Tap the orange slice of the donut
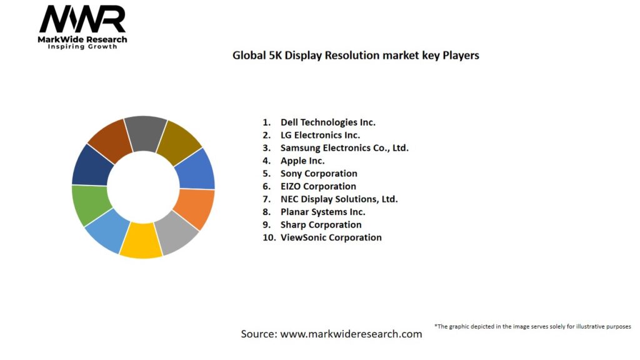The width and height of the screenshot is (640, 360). [195, 207]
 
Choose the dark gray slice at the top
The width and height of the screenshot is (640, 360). [145, 132]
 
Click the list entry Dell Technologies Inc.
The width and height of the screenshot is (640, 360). [327, 122]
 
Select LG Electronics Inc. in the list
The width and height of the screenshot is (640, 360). [320, 135]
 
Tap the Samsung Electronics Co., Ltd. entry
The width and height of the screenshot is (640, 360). [344, 148]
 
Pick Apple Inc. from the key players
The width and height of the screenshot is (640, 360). [302, 161]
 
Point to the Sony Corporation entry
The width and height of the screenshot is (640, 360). [319, 174]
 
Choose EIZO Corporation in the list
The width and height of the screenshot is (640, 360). [318, 186]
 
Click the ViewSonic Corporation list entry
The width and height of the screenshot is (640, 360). [331, 237]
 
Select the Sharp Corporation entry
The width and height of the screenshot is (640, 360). [321, 224]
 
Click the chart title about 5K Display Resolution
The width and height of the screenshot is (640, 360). [356, 55]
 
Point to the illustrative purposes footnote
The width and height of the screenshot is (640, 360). [532, 326]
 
